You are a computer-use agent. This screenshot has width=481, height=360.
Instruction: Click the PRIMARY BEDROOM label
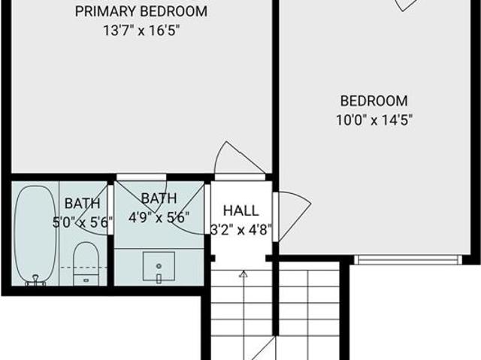tap(141, 12)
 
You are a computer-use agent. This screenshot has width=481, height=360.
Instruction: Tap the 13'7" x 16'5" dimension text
tap(141, 31)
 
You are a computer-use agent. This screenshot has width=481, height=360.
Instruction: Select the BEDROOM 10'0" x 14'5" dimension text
tap(374, 120)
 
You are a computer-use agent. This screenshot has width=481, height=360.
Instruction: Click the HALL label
tap(240, 210)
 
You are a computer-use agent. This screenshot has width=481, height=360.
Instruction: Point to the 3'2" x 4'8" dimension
tap(241, 229)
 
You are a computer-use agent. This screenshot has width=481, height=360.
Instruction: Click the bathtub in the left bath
tap(35, 234)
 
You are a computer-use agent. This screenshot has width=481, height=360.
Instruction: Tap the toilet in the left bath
tap(86, 264)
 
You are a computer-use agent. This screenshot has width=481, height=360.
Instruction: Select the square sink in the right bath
tap(159, 266)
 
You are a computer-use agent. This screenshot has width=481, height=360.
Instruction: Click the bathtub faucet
tap(36, 280)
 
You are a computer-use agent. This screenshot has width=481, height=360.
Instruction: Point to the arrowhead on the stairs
tap(244, 274)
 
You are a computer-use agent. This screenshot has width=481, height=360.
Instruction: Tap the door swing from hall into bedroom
tap(294, 216)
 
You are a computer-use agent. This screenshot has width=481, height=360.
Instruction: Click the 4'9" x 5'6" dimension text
tap(159, 217)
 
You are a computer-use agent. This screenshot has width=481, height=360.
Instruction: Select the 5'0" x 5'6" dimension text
tap(83, 222)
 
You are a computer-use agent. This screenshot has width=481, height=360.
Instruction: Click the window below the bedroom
tap(408, 260)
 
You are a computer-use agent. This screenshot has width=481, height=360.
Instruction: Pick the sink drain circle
tap(159, 266)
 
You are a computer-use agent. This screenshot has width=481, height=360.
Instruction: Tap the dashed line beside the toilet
tap(83, 268)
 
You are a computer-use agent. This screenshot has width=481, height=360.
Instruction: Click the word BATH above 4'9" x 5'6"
tap(159, 198)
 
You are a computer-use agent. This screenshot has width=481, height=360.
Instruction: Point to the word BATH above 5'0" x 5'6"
tap(82, 204)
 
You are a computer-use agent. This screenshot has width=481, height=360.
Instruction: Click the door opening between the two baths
tap(110, 210)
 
